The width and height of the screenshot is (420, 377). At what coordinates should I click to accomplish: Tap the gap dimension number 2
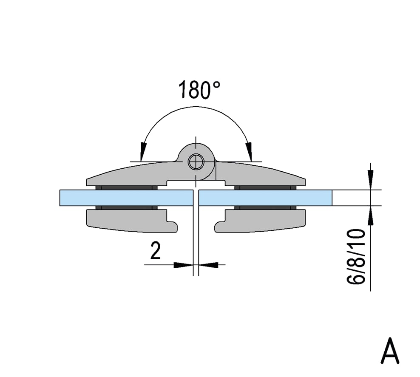click(x=155, y=250)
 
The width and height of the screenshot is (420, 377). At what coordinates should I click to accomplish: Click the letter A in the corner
click(x=390, y=351)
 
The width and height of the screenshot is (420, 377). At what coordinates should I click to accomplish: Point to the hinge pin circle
click(x=196, y=162)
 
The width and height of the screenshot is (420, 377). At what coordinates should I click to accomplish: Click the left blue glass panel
click(x=126, y=198)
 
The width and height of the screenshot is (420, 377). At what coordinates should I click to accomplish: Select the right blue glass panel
click(x=265, y=198)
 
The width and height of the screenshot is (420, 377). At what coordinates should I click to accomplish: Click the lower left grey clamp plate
click(x=128, y=220)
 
